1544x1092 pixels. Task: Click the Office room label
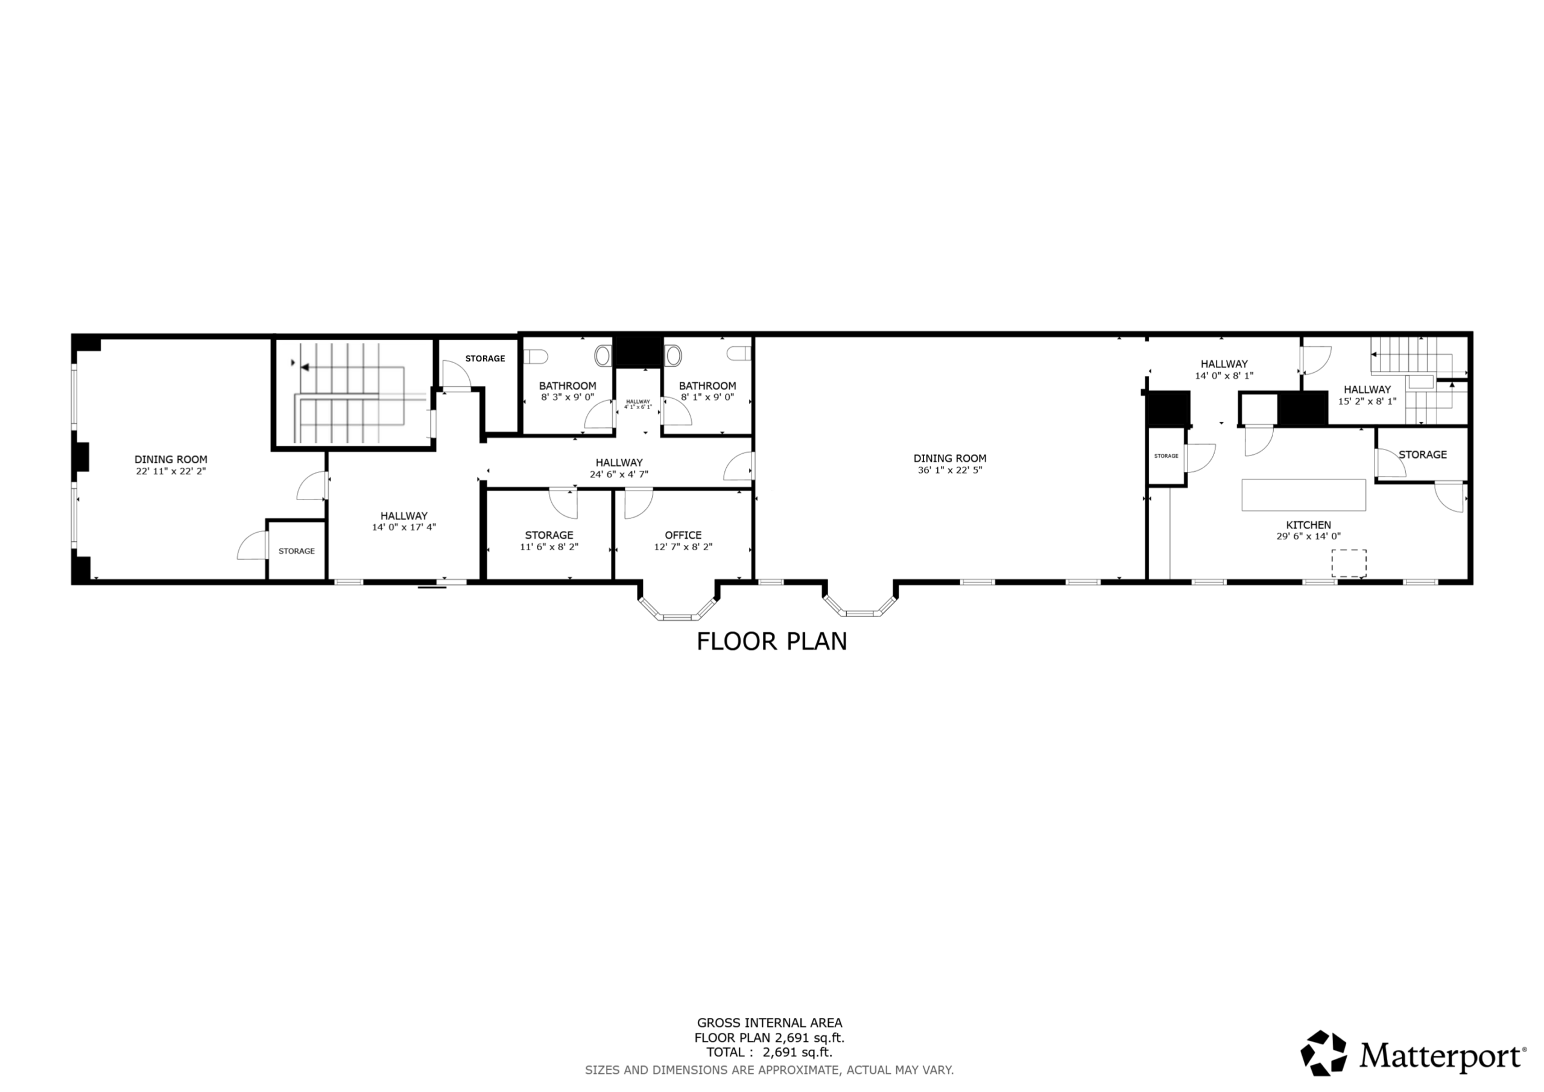coord(683,535)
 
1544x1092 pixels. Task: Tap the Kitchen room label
coord(1308,525)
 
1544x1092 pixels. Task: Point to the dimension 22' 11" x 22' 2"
coord(171,472)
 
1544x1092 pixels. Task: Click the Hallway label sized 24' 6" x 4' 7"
coord(619,462)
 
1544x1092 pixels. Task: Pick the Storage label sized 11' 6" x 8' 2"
coord(549,535)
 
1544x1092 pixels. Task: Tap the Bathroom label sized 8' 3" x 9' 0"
coord(568,386)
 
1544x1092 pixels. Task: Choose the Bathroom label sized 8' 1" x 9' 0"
coord(707,386)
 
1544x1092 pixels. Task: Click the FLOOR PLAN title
coord(771,641)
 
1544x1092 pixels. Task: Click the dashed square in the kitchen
coord(1349,563)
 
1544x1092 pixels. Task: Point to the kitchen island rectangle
coord(1304,495)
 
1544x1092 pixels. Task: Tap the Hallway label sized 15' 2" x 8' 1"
coord(1367,389)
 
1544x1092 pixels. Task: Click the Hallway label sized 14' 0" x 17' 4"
coord(403,516)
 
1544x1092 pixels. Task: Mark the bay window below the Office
coord(679,604)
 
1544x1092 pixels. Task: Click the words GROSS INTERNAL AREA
coord(770,1023)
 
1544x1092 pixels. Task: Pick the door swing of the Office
coord(638,504)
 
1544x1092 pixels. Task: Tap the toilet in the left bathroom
coord(536,356)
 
